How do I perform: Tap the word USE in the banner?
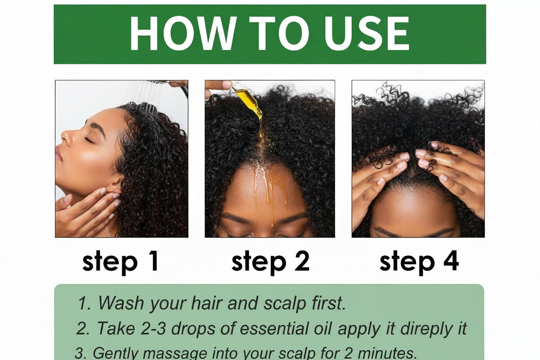click(x=366, y=33)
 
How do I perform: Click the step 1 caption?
click(x=120, y=262)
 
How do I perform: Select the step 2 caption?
click(x=270, y=262)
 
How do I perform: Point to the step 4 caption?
click(x=419, y=262)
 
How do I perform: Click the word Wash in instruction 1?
click(x=121, y=303)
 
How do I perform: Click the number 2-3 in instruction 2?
click(x=153, y=328)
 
